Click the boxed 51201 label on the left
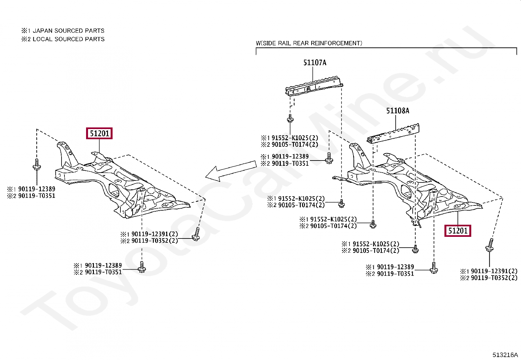click(99, 133)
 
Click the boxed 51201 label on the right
click(458, 231)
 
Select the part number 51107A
click(314, 63)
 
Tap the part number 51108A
click(398, 111)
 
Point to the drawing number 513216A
click(505, 355)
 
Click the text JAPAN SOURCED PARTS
click(68, 31)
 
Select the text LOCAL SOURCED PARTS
click(68, 39)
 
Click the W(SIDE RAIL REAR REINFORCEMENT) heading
click(309, 43)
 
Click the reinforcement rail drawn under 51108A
click(394, 134)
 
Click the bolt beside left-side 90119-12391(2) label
click(196, 234)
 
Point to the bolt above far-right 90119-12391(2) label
click(490, 245)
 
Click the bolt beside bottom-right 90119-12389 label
click(434, 268)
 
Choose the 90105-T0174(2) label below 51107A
click(295, 144)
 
